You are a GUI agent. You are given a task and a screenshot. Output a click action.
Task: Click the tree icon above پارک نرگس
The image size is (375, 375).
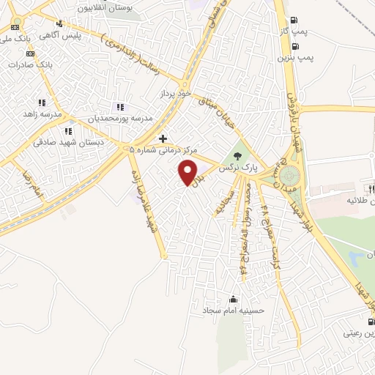point(237,155)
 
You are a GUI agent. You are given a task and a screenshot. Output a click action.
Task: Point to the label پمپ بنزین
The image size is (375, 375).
point(295,56)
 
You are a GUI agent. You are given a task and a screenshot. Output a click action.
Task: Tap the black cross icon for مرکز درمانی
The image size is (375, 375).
point(163,138)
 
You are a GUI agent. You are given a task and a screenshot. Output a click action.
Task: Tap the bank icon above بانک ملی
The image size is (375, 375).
point(16,26)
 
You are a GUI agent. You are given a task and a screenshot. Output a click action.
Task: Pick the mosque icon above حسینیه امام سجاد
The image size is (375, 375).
point(233,299)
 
